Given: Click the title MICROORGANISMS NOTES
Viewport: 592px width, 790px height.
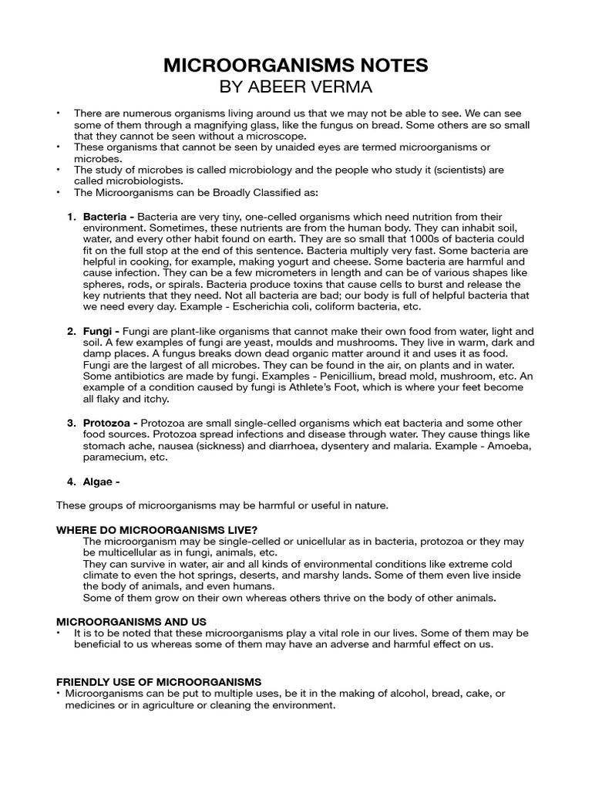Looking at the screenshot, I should click(295, 66).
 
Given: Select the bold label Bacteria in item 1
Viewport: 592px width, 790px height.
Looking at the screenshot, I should click(105, 218).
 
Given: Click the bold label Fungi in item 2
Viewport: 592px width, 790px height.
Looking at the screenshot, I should click(99, 331).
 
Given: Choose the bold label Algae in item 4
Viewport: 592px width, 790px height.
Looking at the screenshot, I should click(99, 482).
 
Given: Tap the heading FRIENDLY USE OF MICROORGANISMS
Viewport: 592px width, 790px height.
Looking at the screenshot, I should click(159, 682).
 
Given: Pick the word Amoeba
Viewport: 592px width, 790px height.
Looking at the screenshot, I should click(508, 445).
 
